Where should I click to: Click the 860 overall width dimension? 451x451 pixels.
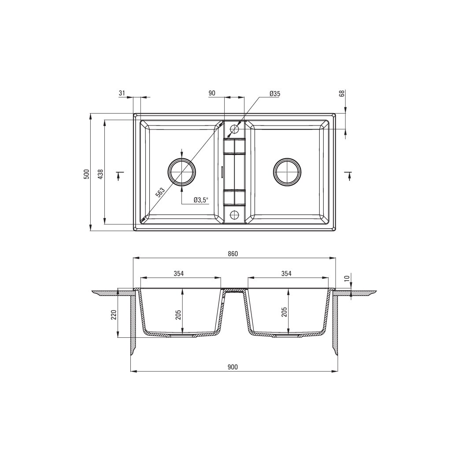(x=233, y=254)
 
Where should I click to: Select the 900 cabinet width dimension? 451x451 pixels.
(x=233, y=367)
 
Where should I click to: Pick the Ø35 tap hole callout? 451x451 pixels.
(x=275, y=93)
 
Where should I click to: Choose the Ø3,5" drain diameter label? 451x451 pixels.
(x=200, y=200)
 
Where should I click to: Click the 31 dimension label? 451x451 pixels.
(x=122, y=93)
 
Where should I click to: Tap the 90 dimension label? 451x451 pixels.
(x=212, y=93)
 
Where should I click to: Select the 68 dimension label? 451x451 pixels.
(x=342, y=93)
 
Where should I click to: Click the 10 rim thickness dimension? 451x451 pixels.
(x=347, y=279)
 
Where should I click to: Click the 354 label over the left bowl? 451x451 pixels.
(x=178, y=274)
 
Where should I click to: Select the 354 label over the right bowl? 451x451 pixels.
(x=286, y=274)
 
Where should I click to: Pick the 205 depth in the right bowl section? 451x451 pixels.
(x=284, y=312)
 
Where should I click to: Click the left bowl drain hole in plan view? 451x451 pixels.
(x=181, y=171)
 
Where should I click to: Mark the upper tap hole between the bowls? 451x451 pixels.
(x=234, y=129)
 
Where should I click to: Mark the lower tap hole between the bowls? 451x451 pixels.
(x=234, y=214)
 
